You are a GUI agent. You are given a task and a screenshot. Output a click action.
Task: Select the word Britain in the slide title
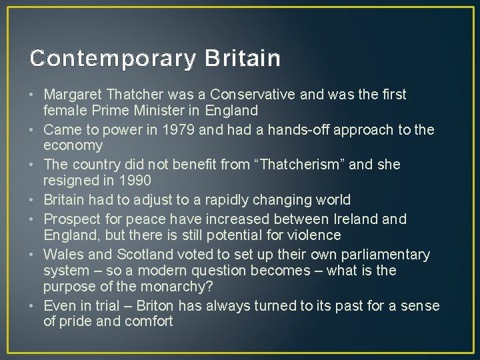click(243, 59)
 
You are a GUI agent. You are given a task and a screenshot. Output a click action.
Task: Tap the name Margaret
click(74, 95)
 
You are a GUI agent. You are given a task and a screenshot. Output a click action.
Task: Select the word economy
click(73, 146)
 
